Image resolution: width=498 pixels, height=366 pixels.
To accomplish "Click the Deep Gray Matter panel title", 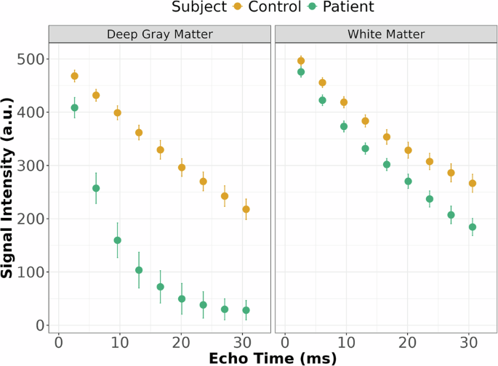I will pos(160,34).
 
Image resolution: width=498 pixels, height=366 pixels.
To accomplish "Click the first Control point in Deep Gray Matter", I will pos(74,76).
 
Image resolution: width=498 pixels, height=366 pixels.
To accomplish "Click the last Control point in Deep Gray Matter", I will pos(246,209).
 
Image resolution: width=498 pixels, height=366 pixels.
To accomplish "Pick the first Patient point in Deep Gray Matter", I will pos(74,107).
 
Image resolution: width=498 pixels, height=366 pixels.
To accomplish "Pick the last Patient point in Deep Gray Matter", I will pos(246,310).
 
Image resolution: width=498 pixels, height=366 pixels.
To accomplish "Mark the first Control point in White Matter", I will pos(301,61).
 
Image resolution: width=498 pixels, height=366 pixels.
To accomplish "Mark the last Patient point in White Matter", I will pos(472,227).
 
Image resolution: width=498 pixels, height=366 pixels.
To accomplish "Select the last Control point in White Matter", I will pos(472,183).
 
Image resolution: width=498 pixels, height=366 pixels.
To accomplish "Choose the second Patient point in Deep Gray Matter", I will pos(96,188).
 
